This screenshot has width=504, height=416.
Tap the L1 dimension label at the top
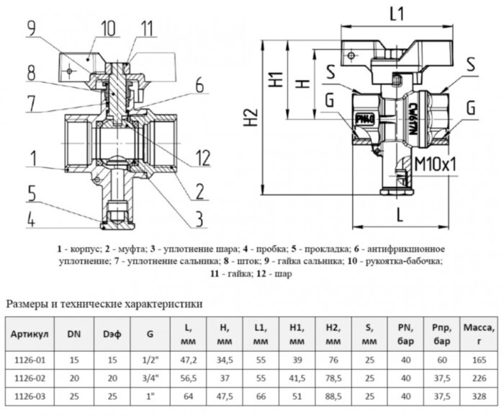coord(396,12)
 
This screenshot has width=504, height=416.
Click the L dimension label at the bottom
coord(399,215)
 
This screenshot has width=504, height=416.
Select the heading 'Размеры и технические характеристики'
coord(104,304)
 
